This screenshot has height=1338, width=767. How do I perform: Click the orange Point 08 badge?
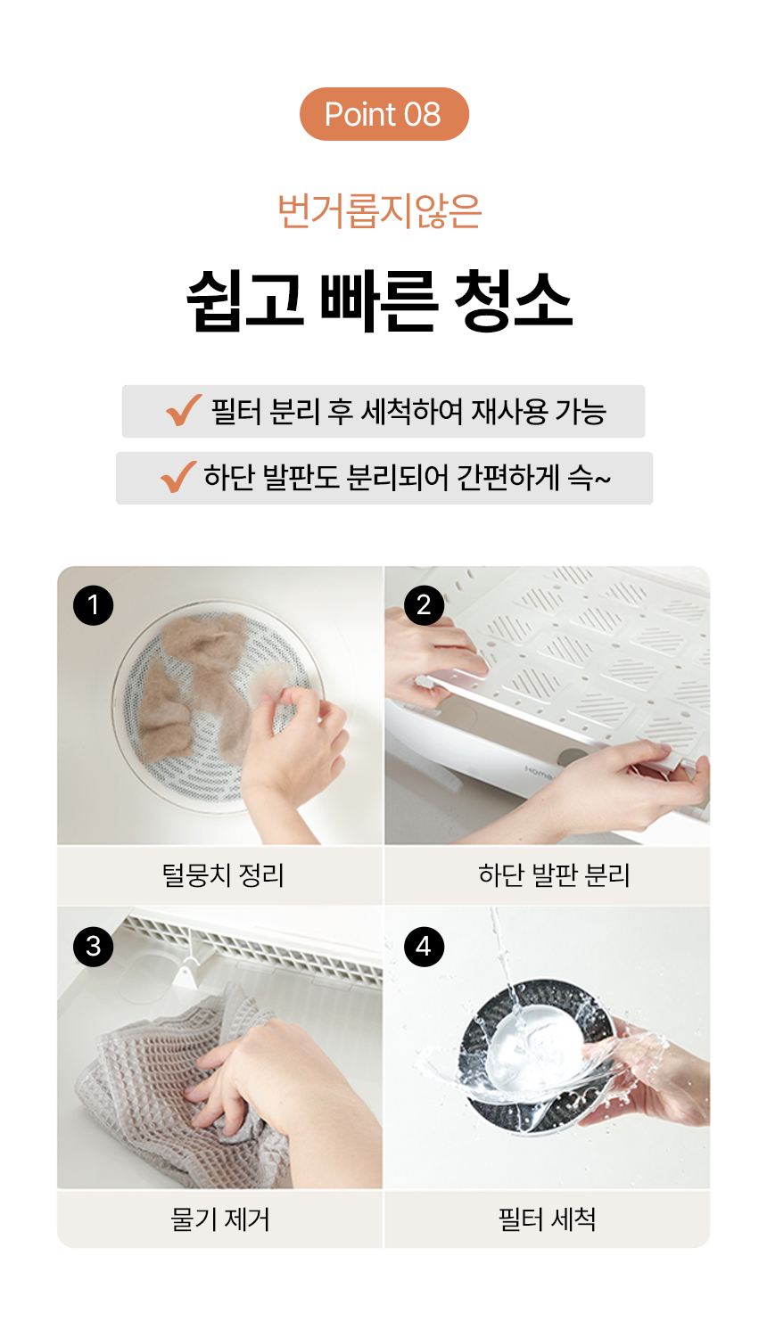click(x=383, y=114)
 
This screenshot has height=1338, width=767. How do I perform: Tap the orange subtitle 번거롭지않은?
click(x=380, y=211)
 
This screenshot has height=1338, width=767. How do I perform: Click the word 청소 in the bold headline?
click(x=513, y=300)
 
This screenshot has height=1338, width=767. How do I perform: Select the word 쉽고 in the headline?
click(x=244, y=300)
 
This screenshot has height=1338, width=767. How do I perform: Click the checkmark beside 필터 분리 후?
click(x=184, y=410)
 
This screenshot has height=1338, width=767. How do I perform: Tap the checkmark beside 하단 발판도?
click(x=178, y=477)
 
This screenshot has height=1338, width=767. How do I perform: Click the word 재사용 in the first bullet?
click(x=509, y=412)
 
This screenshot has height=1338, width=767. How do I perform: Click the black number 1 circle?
click(x=94, y=605)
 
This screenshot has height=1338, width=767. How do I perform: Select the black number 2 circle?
click(x=424, y=605)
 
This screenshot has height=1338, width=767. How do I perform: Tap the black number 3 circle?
click(x=94, y=946)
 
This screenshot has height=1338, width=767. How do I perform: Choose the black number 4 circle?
click(x=424, y=946)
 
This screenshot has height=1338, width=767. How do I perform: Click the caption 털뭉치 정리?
click(x=222, y=875)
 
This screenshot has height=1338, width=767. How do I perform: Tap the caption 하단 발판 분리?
click(x=554, y=875)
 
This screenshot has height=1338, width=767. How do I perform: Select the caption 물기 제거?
click(x=220, y=1219)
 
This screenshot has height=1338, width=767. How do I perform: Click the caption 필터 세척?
click(x=547, y=1219)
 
